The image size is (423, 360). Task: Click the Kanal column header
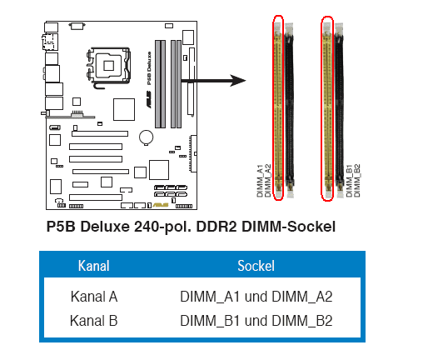94,266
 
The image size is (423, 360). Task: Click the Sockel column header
256,266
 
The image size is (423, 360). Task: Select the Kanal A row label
94,297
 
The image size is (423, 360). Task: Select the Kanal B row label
94,321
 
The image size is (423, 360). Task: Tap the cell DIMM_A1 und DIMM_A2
256,297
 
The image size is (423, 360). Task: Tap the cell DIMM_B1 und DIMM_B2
256,321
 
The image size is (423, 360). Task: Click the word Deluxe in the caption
105,227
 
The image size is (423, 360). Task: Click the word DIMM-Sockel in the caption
289,227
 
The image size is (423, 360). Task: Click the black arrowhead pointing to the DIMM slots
237,81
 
